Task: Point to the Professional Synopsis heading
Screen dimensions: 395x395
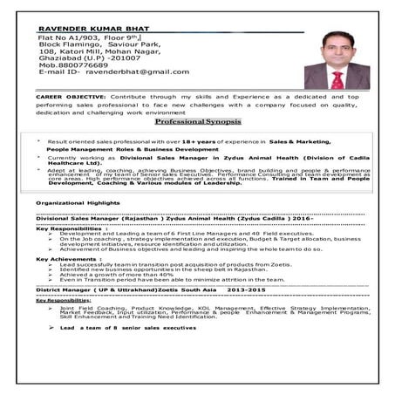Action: tap(198, 121)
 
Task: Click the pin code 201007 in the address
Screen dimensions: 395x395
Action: tap(128, 57)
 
